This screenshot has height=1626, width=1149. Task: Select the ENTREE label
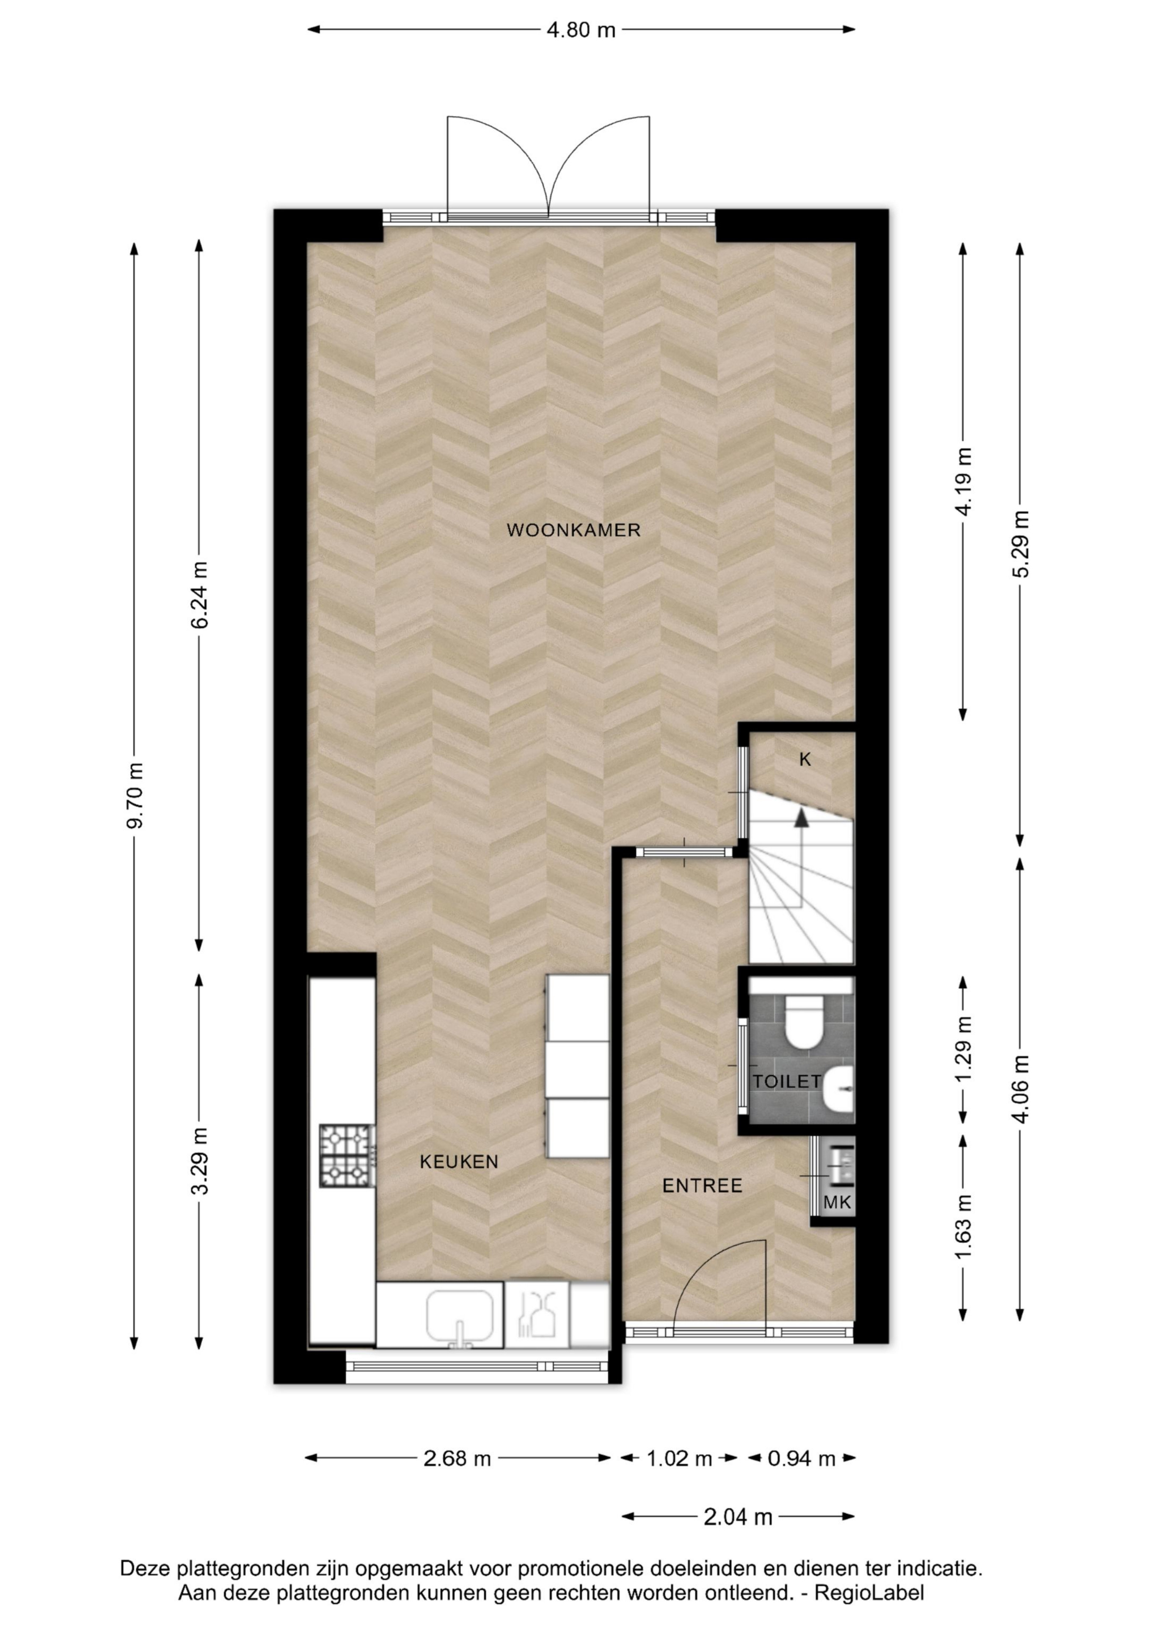702,1186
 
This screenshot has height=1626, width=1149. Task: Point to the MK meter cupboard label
837,1202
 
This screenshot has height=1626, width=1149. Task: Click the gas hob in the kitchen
347,1156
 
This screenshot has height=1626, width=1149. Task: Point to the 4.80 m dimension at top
581,30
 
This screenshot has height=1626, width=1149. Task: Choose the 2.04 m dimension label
737,1517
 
